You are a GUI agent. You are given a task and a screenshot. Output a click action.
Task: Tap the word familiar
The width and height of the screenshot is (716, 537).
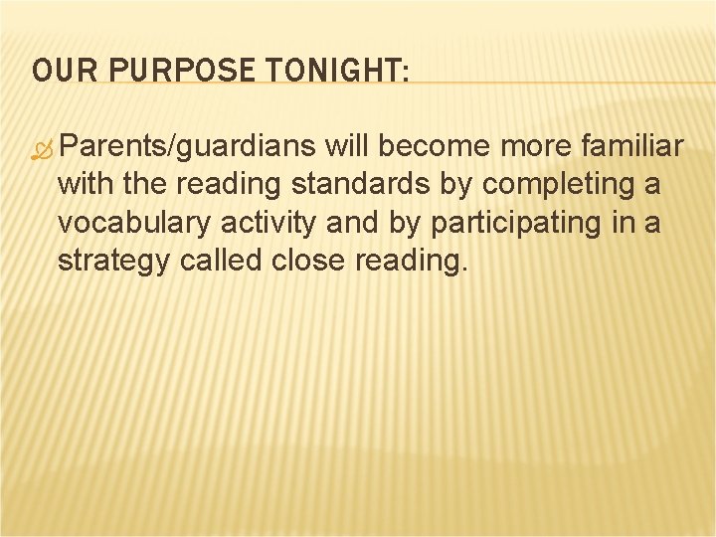tap(630, 147)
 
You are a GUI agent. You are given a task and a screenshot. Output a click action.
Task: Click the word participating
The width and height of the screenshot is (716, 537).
tap(506, 224)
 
